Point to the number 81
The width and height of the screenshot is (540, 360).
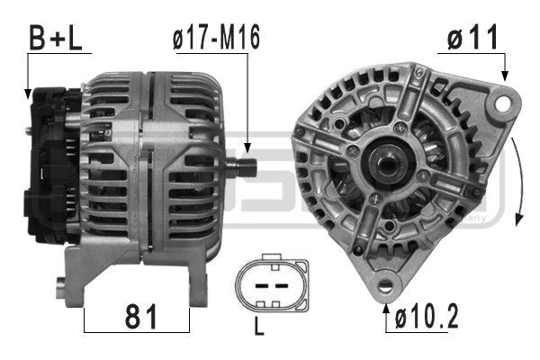point(137,318)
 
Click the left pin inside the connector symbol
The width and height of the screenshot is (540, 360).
point(261,283)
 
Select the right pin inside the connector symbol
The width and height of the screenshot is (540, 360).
point(281,283)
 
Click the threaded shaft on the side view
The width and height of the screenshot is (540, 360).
point(243,166)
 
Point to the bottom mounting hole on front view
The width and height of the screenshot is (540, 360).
point(387,289)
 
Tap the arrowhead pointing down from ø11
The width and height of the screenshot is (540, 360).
point(507,80)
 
